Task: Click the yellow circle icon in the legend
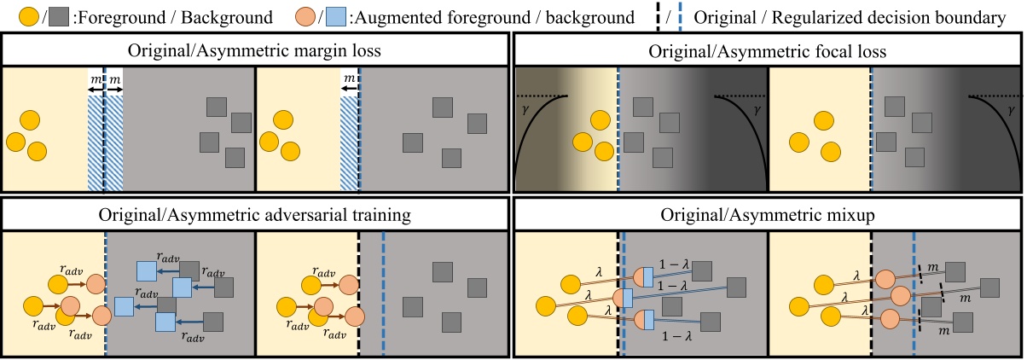(16, 16)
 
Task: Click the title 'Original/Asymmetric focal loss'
(767, 51)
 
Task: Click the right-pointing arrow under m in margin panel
(114, 88)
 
